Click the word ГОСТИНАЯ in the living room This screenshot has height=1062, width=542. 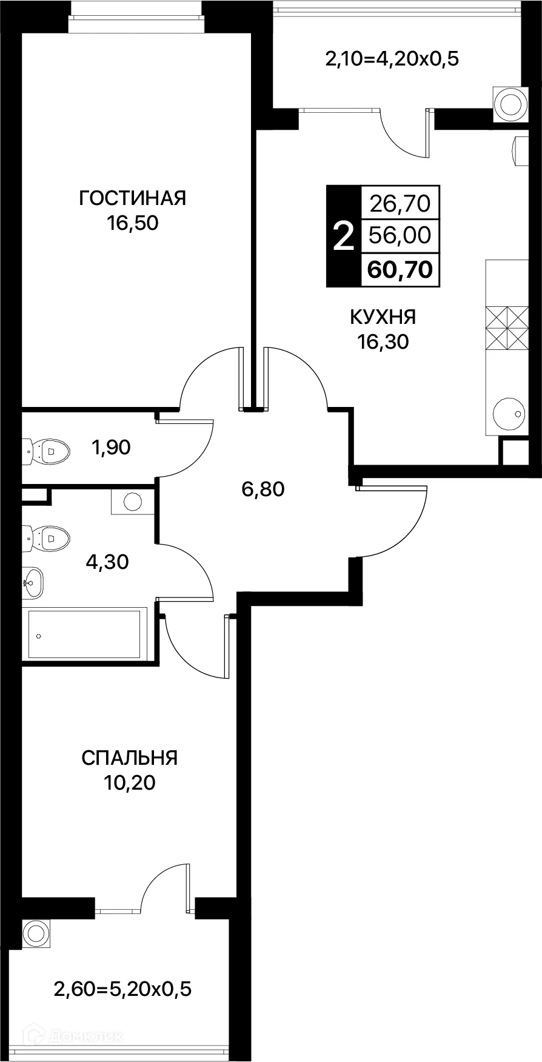(132, 198)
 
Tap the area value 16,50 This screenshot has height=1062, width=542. (132, 223)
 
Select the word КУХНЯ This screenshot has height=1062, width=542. (383, 317)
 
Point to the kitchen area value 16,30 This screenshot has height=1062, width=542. (383, 342)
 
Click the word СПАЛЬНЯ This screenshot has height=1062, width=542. (129, 758)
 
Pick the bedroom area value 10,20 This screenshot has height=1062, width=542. (129, 783)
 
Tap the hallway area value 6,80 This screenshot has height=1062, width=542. (263, 489)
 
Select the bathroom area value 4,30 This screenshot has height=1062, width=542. (107, 562)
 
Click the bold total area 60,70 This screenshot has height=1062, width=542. (400, 268)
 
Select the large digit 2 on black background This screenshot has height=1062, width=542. (343, 236)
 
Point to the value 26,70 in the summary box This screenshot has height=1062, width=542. (400, 203)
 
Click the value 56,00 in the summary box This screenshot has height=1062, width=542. (400, 235)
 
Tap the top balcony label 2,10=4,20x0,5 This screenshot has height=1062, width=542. (392, 59)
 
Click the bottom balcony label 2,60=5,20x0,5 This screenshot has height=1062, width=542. (122, 989)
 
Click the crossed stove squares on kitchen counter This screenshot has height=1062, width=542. (507, 328)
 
